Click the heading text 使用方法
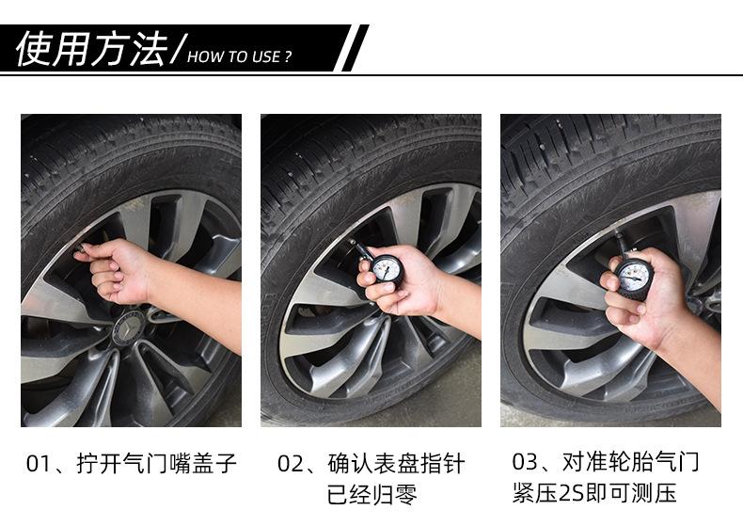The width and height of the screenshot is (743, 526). point(92,49)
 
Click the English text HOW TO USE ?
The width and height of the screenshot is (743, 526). point(239,56)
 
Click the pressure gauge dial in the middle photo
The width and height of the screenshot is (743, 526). point(387,270)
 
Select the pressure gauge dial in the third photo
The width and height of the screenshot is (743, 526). point(634,277)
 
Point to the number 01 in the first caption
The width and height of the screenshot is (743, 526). point(38,464)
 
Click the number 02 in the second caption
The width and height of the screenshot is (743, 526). point(289,464)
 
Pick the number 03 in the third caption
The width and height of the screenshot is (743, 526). point(524,462)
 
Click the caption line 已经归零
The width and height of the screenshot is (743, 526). point(372,494)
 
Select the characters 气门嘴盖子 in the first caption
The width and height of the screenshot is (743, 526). point(180,464)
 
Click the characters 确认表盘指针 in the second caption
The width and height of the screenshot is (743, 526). point(396,464)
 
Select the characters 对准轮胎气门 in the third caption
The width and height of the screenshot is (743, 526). point(630,462)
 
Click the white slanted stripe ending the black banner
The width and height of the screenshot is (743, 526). point(347,48)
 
